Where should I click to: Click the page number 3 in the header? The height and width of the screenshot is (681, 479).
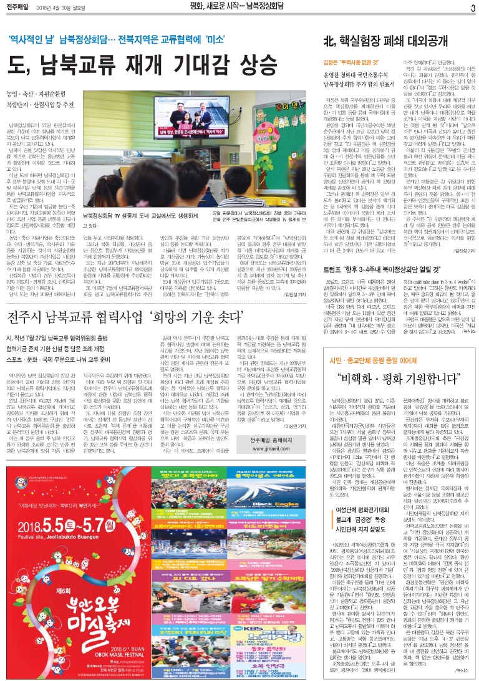click(473, 7)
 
